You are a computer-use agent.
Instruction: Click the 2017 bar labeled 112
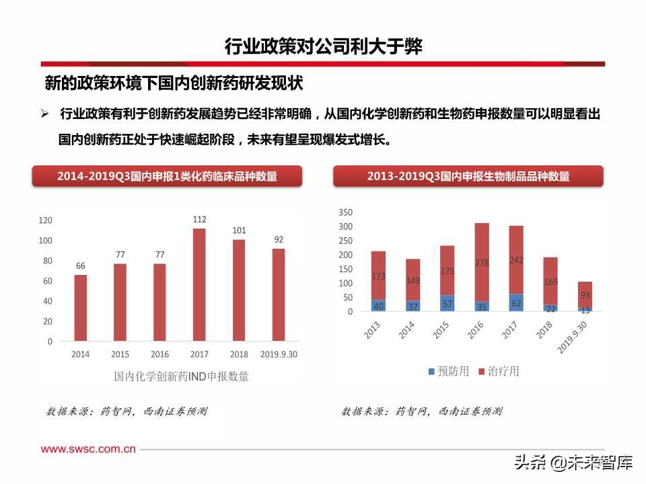[x=199, y=285]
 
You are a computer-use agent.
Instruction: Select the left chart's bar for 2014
[x=81, y=308]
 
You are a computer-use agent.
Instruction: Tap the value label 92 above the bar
[x=279, y=239]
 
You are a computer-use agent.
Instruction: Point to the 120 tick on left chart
[x=46, y=220]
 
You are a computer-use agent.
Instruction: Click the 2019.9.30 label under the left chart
[x=279, y=354]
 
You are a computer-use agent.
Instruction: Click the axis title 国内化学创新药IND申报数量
[x=182, y=376]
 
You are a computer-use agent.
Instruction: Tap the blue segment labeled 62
[x=516, y=303]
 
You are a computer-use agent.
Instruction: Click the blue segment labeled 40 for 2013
[x=378, y=306]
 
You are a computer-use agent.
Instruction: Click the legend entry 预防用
[x=448, y=371]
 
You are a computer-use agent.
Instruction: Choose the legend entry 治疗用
[x=498, y=371]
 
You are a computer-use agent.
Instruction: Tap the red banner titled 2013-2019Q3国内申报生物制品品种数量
[x=468, y=176]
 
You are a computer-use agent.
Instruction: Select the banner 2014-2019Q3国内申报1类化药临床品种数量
[x=168, y=176]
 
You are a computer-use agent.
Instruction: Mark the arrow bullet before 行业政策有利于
[x=45, y=114]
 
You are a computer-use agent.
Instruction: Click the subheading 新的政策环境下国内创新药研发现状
[x=174, y=83]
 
